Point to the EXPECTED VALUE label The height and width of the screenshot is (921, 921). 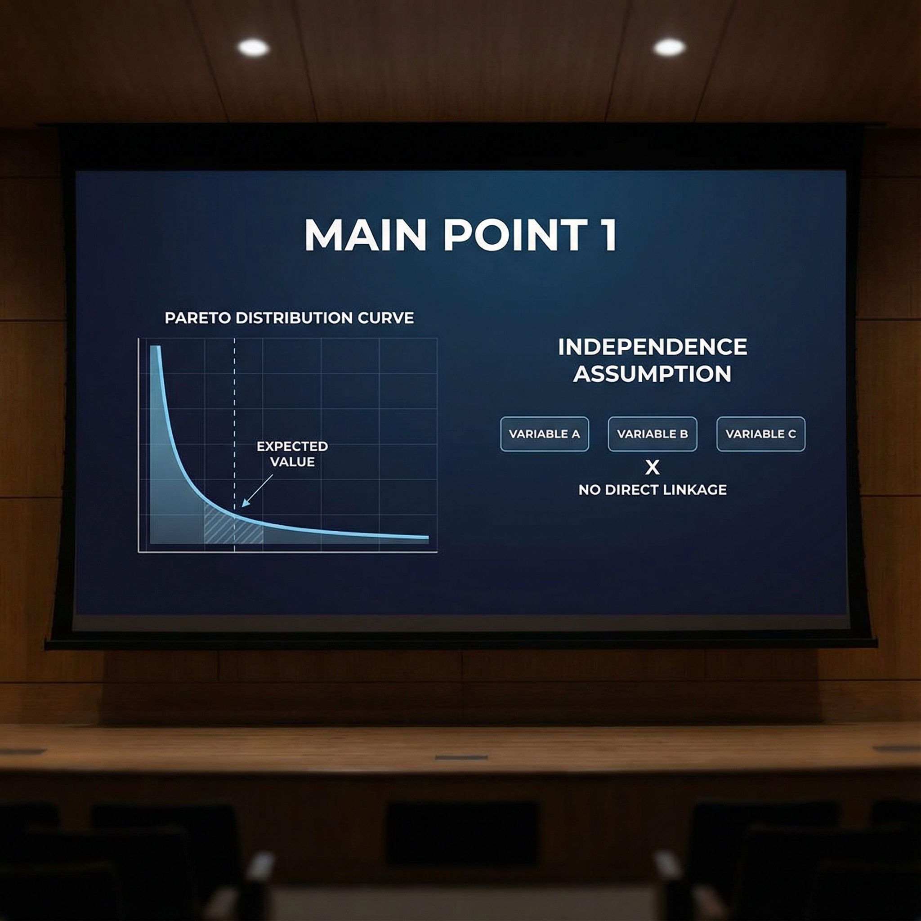(292, 454)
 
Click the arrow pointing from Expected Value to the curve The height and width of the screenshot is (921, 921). (257, 490)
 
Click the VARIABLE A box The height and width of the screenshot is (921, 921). (545, 434)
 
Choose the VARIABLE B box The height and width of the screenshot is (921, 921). (652, 434)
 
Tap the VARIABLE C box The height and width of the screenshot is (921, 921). (761, 434)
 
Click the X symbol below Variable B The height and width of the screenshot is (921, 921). (652, 468)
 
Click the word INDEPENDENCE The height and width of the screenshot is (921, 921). (653, 347)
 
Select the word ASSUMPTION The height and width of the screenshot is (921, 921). (652, 374)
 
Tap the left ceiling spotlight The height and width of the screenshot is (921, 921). (254, 47)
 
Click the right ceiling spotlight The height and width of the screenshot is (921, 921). (669, 47)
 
